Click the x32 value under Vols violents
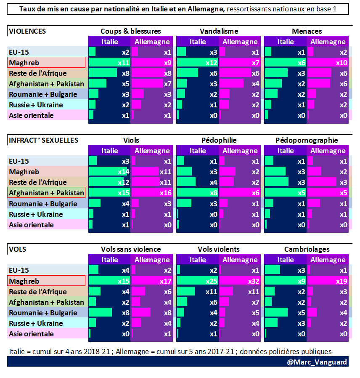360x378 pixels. point(254,281)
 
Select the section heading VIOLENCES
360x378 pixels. point(27,31)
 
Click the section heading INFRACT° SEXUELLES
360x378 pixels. point(44,140)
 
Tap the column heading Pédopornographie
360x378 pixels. point(307,140)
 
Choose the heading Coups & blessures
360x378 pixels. point(130,31)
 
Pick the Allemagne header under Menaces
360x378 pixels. point(328,42)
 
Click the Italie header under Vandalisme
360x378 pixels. point(198,42)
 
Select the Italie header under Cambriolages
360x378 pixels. point(286,260)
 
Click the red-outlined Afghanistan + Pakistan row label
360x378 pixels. point(46,193)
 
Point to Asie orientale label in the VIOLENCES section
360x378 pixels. point(31,115)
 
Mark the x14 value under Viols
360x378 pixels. point(123,172)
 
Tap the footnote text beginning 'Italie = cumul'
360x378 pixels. point(170,351)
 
